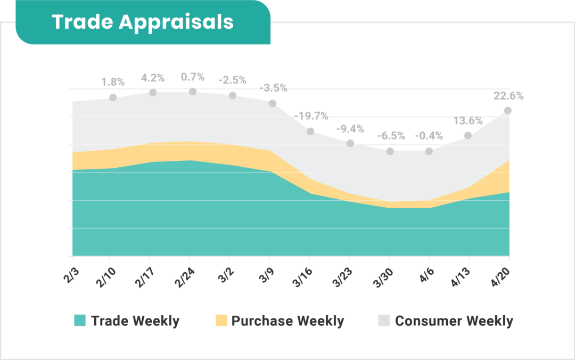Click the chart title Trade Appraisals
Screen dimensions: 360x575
pos(143,22)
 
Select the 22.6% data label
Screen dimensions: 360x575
pos(508,96)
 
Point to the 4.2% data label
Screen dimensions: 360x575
pos(153,78)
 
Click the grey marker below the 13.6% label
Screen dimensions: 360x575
pos(468,135)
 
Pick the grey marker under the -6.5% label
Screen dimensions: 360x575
pos(390,151)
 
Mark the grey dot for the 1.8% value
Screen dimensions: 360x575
pos(113,97)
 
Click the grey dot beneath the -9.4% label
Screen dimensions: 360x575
pos(350,143)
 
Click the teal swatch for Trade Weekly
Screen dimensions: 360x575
pos(80,321)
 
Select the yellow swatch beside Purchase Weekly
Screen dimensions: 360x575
pos(221,321)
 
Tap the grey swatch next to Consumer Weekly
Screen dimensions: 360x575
pos(384,321)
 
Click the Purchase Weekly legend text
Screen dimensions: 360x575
pos(287,321)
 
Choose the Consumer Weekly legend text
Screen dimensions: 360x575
pos(454,321)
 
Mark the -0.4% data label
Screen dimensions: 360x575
pos(429,136)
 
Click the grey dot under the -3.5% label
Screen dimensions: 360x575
pos(272,103)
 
